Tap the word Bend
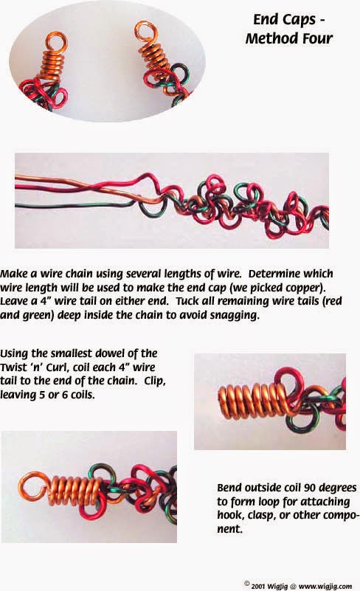[232, 488]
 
